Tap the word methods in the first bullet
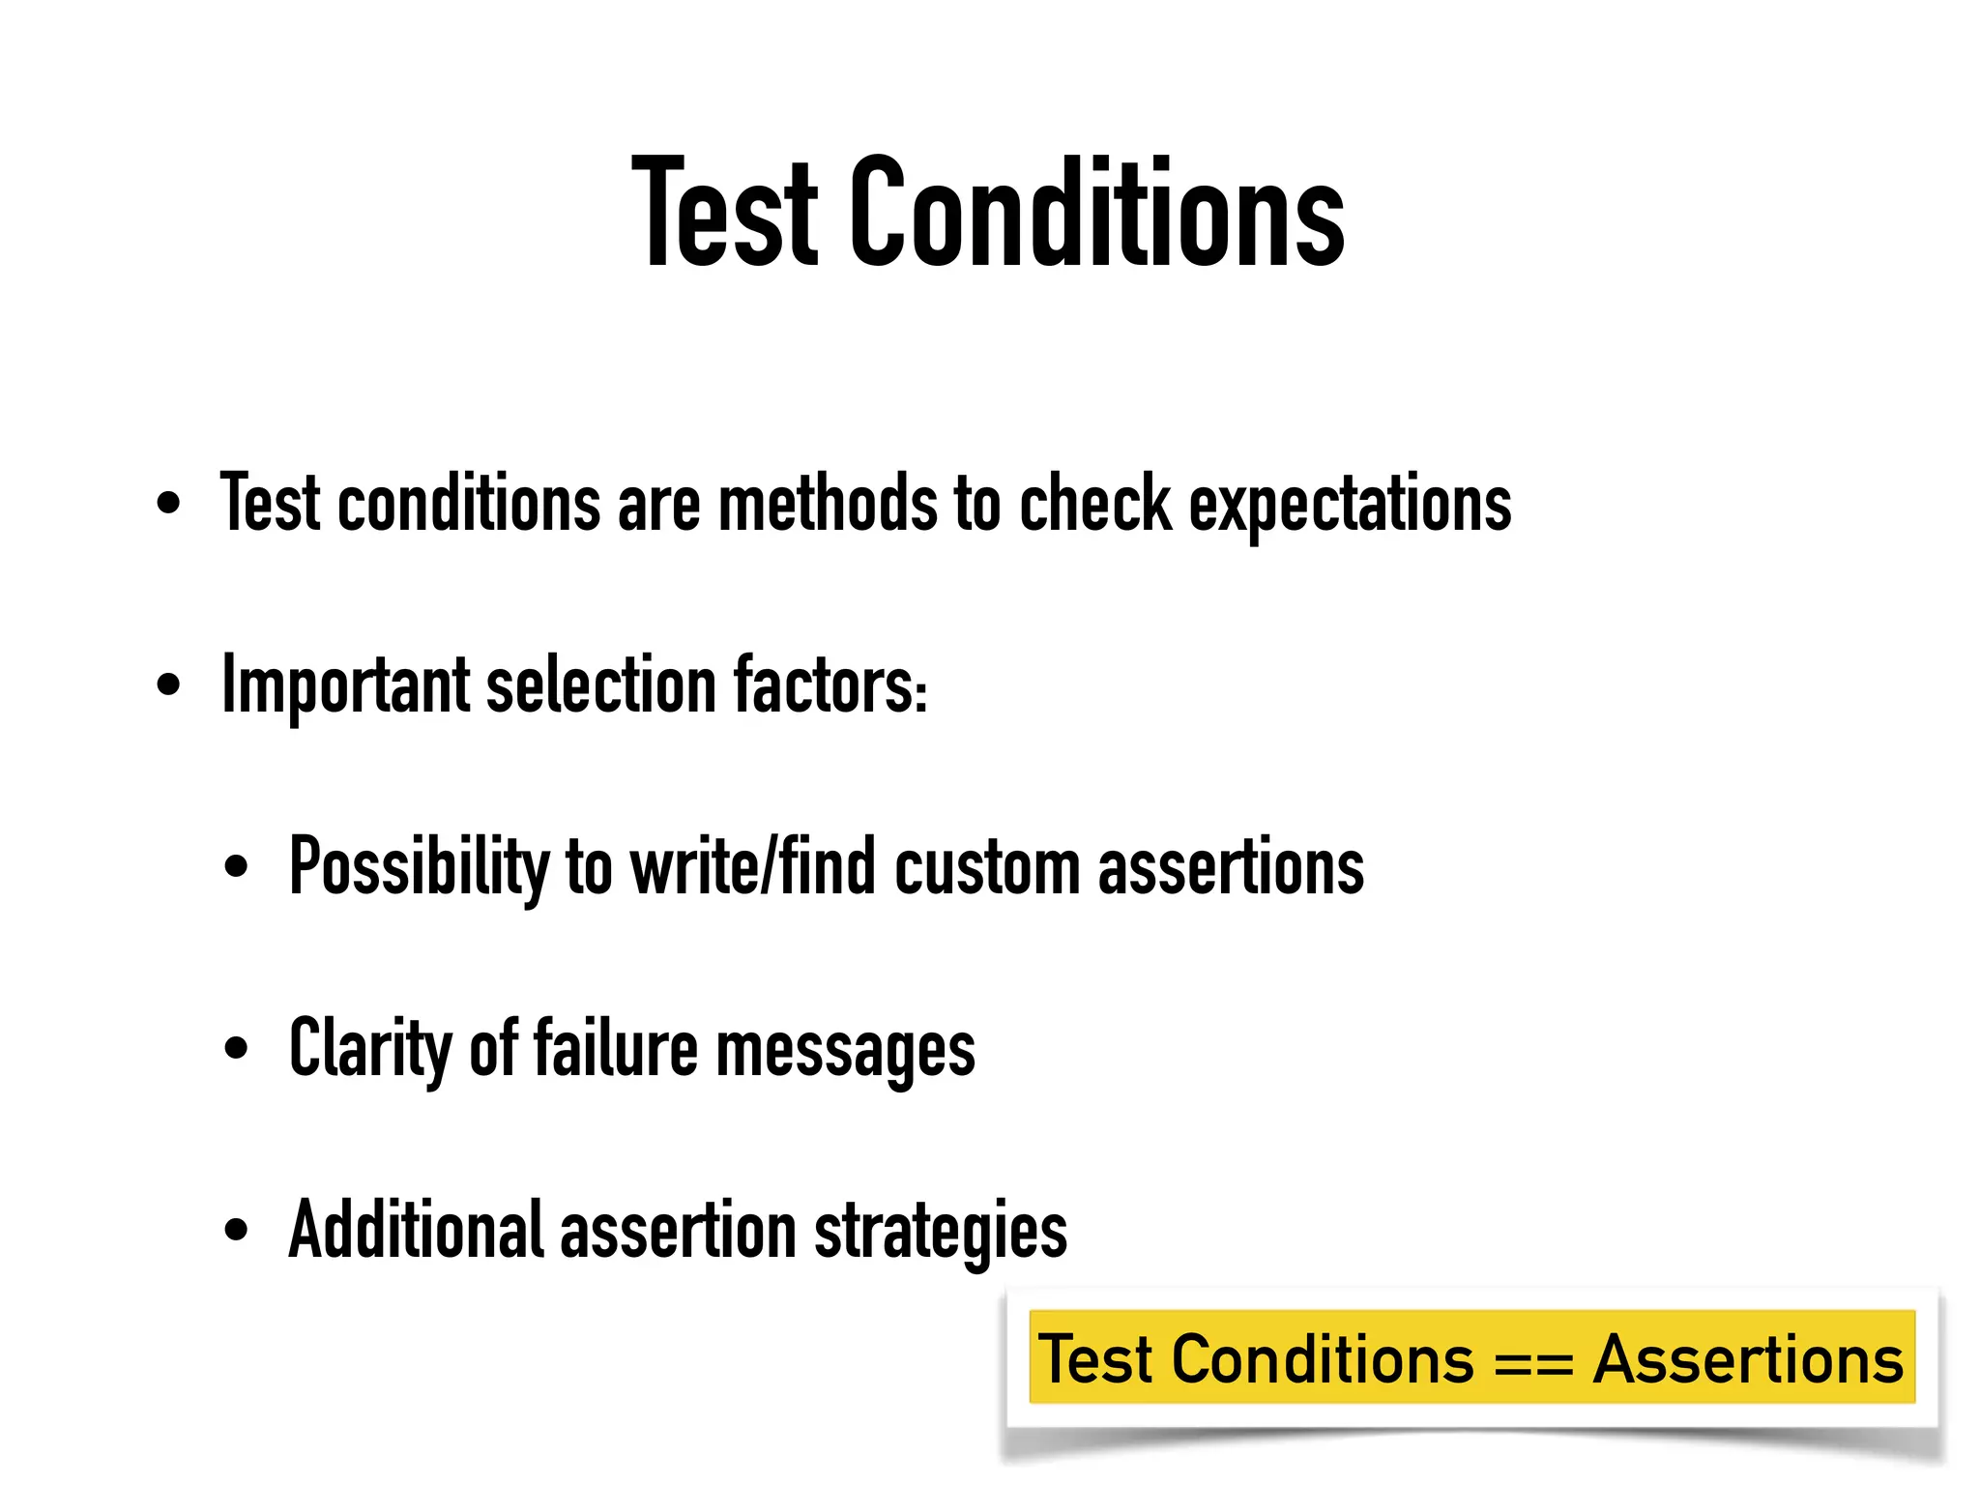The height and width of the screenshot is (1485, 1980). [828, 504]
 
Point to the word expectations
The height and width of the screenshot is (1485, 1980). [1350, 506]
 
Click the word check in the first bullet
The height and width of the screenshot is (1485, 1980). [1095, 504]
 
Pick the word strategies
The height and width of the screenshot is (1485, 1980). [941, 1232]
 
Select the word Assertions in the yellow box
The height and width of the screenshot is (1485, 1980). [1748, 1359]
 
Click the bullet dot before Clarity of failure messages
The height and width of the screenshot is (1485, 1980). [236, 1048]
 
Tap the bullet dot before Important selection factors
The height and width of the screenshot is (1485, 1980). [168, 685]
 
